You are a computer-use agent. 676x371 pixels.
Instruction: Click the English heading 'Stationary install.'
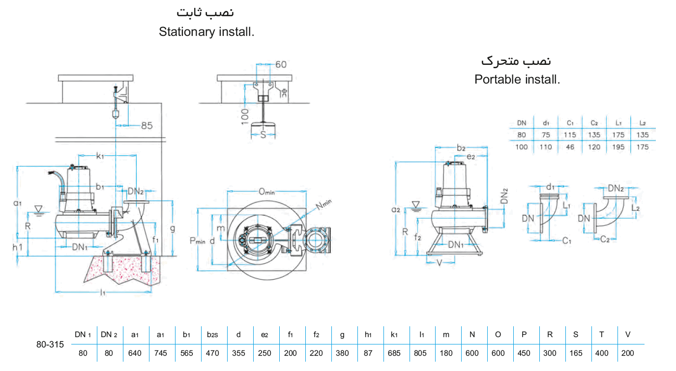(206, 32)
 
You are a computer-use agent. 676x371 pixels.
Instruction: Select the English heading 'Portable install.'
(517, 79)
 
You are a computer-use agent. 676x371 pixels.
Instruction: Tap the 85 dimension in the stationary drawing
(147, 126)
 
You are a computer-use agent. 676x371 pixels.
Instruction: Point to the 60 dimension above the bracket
(281, 64)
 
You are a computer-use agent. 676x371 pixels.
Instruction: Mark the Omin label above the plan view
(266, 192)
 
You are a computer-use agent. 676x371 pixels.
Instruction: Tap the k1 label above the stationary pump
(100, 156)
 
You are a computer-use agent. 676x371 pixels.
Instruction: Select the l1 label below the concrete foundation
(103, 292)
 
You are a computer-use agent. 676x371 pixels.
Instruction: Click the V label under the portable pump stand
(440, 262)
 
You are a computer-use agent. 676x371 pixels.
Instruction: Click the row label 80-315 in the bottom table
(50, 344)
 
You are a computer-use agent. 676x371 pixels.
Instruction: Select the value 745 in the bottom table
(160, 353)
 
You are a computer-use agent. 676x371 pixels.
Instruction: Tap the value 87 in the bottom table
(368, 353)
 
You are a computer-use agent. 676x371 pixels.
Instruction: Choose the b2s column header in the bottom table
(212, 335)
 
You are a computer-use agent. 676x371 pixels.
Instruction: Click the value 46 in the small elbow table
(570, 147)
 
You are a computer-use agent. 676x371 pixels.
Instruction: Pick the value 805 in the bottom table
(420, 353)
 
